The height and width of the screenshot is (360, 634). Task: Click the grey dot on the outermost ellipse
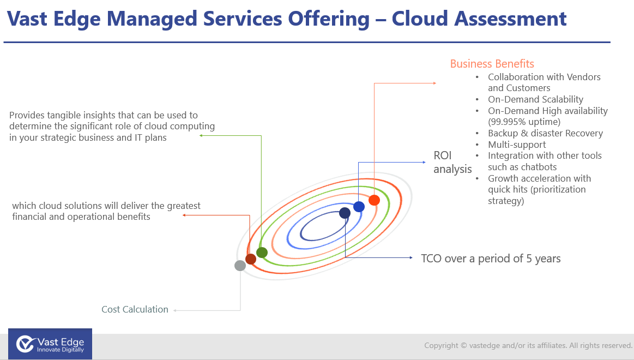[x=240, y=265]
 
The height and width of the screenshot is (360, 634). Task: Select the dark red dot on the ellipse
[x=251, y=259]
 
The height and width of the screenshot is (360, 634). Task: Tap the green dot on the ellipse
[x=262, y=253]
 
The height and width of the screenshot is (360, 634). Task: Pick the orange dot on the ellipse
[x=374, y=200]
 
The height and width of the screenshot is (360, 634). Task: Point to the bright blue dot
[x=359, y=207]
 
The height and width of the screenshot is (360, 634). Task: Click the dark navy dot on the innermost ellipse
[x=345, y=213]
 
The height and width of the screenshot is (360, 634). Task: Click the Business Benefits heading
[x=492, y=64]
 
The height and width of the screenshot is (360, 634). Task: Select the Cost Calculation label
[x=135, y=309]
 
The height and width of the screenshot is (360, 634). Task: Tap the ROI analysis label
[x=452, y=162]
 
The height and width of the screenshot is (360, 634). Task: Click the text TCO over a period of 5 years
[x=491, y=259]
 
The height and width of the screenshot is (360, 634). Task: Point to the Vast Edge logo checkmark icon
[x=25, y=344]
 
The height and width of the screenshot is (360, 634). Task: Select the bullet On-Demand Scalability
[x=536, y=99]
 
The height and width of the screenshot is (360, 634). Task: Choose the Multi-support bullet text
[x=517, y=145]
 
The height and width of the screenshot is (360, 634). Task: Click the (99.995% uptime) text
[x=524, y=122]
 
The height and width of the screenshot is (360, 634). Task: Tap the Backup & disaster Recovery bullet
[x=546, y=134]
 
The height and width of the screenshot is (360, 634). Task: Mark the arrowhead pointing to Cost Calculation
[x=175, y=311]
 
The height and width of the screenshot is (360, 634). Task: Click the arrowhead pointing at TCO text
[x=411, y=257]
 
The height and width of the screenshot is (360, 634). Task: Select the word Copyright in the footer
[x=441, y=345]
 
